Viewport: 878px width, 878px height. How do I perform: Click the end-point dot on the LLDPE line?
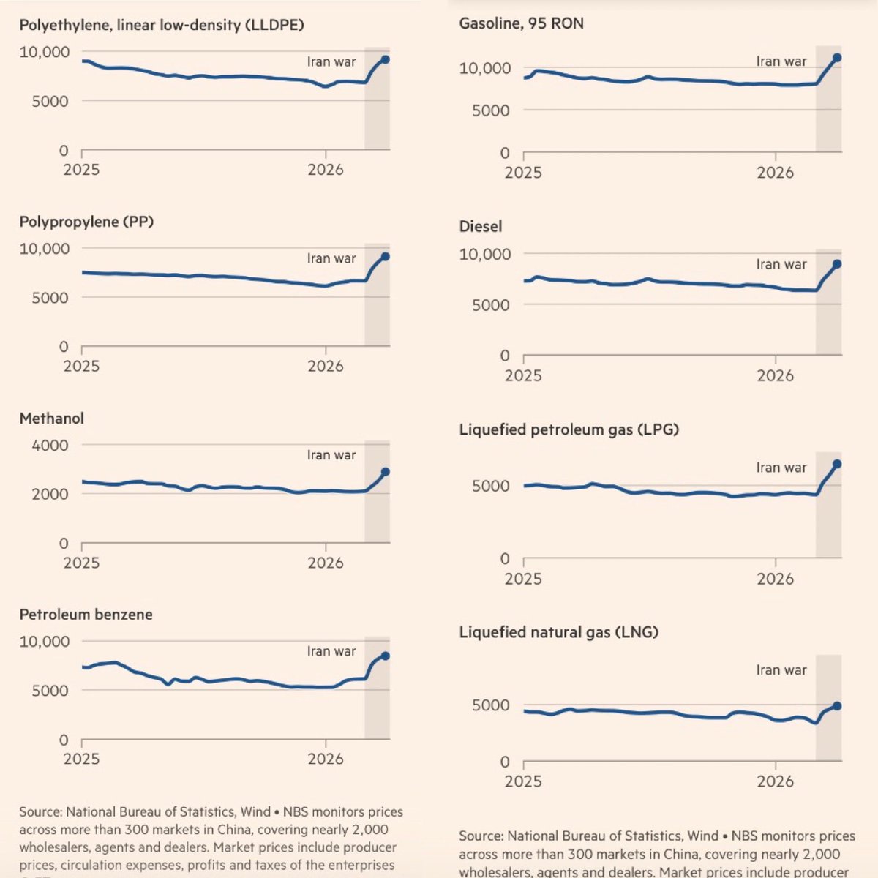tap(386, 60)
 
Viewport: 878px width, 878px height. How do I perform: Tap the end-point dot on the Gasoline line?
tap(837, 58)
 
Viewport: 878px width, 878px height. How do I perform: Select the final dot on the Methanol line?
tap(386, 472)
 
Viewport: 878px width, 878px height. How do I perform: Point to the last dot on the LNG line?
tap(837, 706)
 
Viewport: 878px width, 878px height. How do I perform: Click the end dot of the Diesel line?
tap(837, 264)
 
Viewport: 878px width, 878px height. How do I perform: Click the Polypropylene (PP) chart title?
tap(86, 222)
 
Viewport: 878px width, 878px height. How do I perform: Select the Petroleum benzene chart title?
tap(86, 615)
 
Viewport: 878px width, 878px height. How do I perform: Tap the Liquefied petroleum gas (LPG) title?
tap(569, 429)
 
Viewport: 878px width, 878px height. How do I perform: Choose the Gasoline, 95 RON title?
tap(521, 23)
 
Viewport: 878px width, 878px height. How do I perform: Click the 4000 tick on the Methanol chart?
tap(50, 445)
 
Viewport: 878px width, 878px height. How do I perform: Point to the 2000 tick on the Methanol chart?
tap(50, 494)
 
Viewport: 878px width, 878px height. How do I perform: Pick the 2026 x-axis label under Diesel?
tap(776, 375)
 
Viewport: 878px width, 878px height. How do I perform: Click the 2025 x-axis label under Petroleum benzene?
tap(81, 759)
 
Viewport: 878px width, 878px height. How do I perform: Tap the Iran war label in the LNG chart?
tap(781, 670)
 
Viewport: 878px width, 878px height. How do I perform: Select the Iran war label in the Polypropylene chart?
tap(331, 258)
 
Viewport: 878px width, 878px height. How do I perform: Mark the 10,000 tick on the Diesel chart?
tap(484, 255)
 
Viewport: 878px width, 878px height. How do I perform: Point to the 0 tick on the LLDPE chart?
tap(64, 151)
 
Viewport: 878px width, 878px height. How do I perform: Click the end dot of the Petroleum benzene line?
tap(386, 656)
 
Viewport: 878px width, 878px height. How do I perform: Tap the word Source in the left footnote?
tap(40, 812)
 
